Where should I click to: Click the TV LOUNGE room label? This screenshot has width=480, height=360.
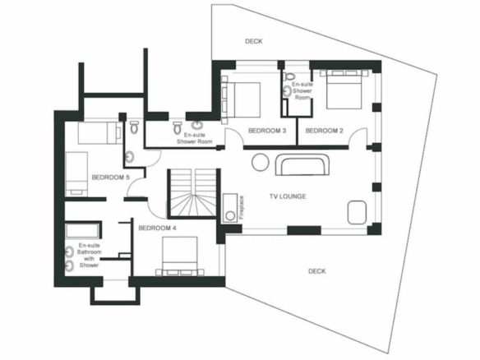pyautogui.click(x=288, y=196)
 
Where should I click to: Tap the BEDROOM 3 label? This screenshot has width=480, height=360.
pyautogui.click(x=267, y=131)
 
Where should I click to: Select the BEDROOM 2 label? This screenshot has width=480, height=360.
pyautogui.click(x=324, y=131)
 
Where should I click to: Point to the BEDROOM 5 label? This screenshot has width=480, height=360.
pyautogui.click(x=110, y=178)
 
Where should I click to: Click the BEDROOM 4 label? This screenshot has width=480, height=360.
pyautogui.click(x=157, y=228)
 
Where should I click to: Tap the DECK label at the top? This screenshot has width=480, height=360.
pyautogui.click(x=253, y=41)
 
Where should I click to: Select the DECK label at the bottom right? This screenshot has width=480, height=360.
pyautogui.click(x=316, y=271)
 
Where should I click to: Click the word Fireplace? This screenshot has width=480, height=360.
pyautogui.click(x=242, y=207)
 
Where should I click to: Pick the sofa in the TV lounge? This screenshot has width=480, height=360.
pyautogui.click(x=302, y=164)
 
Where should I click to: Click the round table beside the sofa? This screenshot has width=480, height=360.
pyautogui.click(x=261, y=162)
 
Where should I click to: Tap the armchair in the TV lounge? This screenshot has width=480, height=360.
pyautogui.click(x=357, y=212)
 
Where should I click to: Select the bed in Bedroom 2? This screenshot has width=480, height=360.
pyautogui.click(x=344, y=90)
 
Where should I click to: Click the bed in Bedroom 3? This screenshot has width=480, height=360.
pyautogui.click(x=241, y=99)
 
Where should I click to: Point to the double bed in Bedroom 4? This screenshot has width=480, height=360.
pyautogui.click(x=180, y=256)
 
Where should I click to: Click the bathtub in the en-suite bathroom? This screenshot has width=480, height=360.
pyautogui.click(x=83, y=231)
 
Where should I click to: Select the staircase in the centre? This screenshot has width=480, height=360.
pyautogui.click(x=194, y=193)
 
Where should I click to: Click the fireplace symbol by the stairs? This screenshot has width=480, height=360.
pyautogui.click(x=230, y=208)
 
